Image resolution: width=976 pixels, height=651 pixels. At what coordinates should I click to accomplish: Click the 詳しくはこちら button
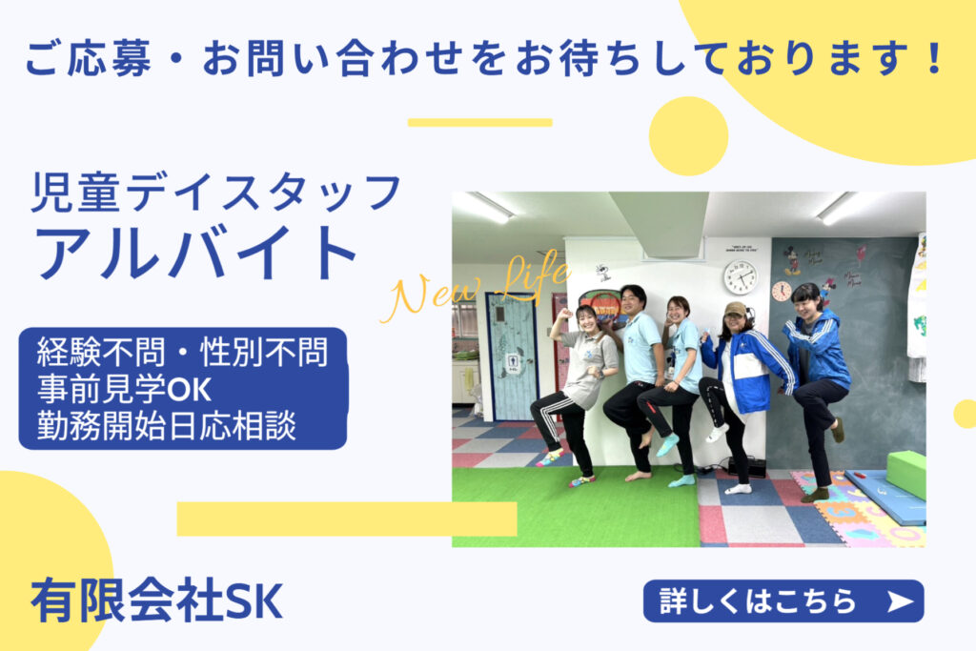click(x=783, y=600)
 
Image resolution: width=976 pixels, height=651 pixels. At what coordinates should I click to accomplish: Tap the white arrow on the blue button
click(x=900, y=601)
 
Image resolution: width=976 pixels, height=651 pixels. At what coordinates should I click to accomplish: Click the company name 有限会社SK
click(x=157, y=600)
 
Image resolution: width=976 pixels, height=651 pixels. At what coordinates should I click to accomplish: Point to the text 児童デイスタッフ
click(x=216, y=193)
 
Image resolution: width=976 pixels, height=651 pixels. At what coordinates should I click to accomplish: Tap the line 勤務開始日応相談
click(x=166, y=426)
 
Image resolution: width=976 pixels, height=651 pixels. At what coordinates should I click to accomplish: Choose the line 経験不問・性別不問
click(x=182, y=352)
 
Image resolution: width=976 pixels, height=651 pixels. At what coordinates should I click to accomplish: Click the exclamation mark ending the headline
click(x=933, y=57)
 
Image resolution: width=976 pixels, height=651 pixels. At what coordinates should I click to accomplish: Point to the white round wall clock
click(x=740, y=277)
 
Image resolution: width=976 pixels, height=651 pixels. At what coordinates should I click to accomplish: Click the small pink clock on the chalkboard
click(x=782, y=292)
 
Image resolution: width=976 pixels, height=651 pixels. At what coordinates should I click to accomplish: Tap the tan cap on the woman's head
click(x=735, y=310)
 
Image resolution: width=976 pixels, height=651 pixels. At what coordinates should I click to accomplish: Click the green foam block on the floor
click(x=906, y=474)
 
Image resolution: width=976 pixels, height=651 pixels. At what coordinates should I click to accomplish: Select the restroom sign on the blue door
click(x=512, y=360)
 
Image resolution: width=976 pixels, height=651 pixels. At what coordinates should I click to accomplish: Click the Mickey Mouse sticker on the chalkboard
click(x=791, y=259)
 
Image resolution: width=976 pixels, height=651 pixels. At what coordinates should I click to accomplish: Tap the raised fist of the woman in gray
click(x=566, y=314)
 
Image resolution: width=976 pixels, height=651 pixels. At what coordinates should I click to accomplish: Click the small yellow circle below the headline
click(x=688, y=136)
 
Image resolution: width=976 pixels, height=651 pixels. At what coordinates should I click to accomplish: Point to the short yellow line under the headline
click(x=480, y=123)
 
